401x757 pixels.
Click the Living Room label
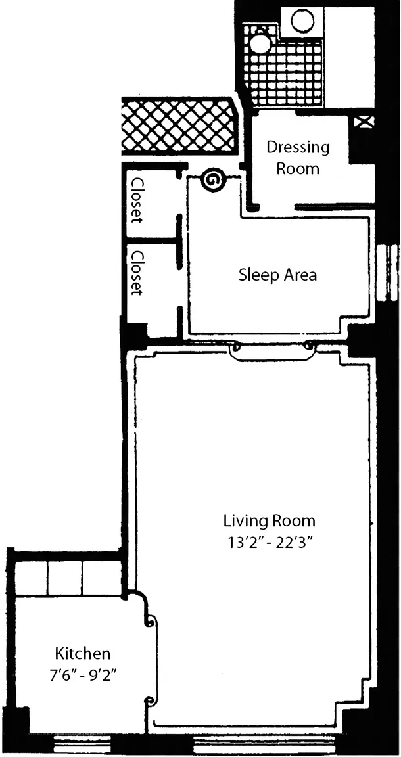[269, 521]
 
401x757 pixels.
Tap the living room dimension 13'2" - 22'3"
[269, 542]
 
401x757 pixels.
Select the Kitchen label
[83, 654]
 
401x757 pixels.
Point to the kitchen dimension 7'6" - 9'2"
[83, 674]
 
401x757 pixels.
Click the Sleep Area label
[278, 275]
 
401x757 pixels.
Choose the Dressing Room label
[298, 158]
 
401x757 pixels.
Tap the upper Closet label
[137, 201]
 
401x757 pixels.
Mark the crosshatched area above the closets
[179, 126]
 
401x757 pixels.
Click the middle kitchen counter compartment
[64, 578]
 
